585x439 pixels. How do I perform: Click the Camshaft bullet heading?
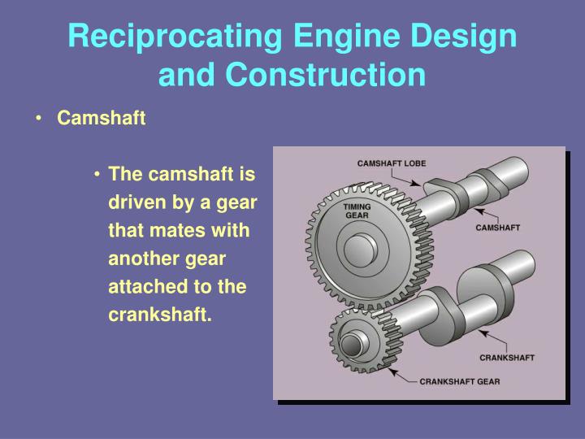coord(101,119)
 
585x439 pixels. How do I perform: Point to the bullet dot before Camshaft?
coord(40,120)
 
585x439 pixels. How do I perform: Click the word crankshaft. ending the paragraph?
coord(159,315)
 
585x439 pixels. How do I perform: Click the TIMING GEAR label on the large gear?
coord(357,211)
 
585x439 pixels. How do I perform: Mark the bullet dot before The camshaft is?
coord(97,175)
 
